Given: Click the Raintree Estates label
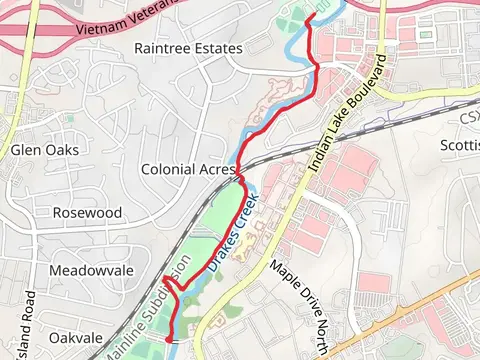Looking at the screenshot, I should pyautogui.click(x=188, y=48).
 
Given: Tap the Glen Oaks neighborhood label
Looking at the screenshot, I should pyautogui.click(x=45, y=150).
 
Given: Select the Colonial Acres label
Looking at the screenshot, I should pyautogui.click(x=188, y=169).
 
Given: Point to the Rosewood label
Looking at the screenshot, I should pyautogui.click(x=87, y=213).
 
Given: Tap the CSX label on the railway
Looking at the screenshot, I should pyautogui.click(x=469, y=118).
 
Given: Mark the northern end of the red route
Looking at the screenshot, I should pyautogui.click(x=307, y=18).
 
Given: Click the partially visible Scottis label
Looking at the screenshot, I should pyautogui.click(x=460, y=145).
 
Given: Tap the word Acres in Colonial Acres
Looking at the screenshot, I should pyautogui.click(x=217, y=169).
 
